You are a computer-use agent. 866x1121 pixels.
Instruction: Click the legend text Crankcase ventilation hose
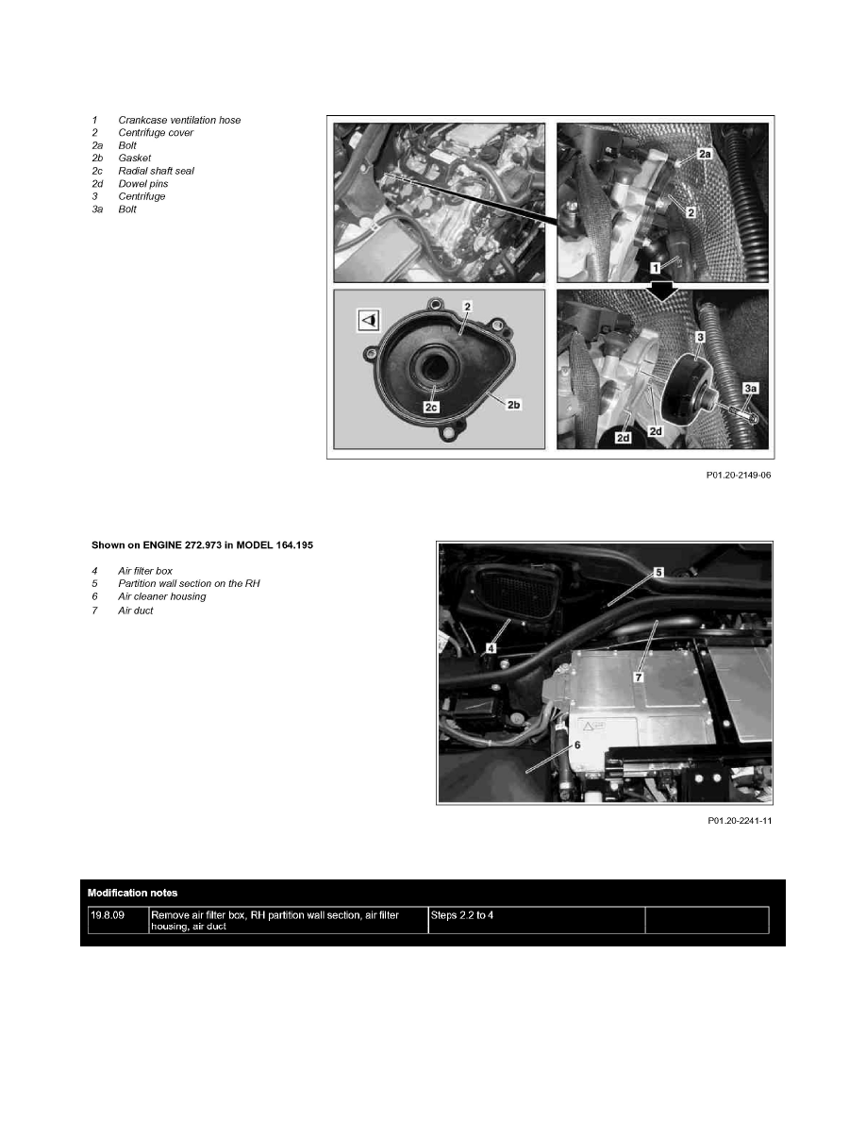pyautogui.click(x=179, y=120)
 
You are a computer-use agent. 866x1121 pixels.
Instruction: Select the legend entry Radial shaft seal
pyautogui.click(x=156, y=171)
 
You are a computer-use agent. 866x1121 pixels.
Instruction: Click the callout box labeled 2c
pyautogui.click(x=432, y=409)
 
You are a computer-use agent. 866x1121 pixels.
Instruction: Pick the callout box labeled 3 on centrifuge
pyautogui.click(x=700, y=335)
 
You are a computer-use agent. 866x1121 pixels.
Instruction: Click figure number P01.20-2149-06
pyautogui.click(x=740, y=476)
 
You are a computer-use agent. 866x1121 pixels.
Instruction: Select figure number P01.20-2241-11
pyautogui.click(x=740, y=820)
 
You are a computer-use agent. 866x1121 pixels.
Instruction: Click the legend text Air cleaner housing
pyautogui.click(x=161, y=596)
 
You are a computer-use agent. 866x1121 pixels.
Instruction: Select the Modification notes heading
pyautogui.click(x=132, y=892)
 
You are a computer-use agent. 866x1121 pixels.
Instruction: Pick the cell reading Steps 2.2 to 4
pyautogui.click(x=461, y=914)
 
